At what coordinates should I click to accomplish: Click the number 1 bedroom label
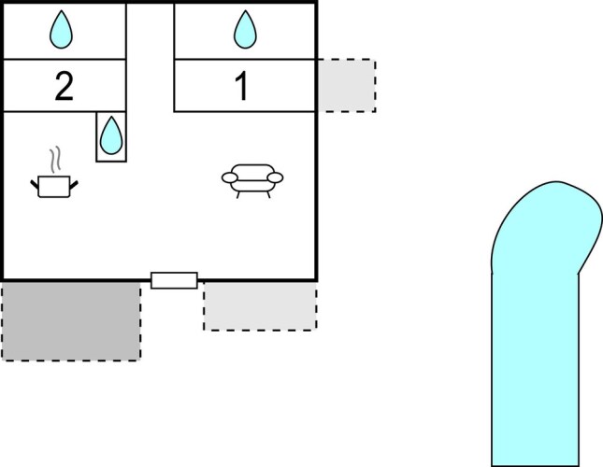coord(241,87)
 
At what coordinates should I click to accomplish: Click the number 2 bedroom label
coord(64,87)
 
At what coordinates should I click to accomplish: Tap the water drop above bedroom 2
coord(62,29)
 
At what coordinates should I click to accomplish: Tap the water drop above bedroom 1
coord(244,29)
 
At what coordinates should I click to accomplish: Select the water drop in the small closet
coord(110,135)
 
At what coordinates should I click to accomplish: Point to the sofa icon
coord(252,178)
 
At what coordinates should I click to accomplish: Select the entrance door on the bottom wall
coord(174,279)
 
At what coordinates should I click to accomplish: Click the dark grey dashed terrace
coord(71,320)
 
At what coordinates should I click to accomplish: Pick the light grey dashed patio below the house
coord(260,305)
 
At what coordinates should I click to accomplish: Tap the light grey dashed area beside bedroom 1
coord(346,86)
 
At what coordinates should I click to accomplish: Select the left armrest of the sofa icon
coord(228,177)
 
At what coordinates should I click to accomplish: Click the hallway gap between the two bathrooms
coord(150,56)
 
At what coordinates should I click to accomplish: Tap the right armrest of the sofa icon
coord(277,177)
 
